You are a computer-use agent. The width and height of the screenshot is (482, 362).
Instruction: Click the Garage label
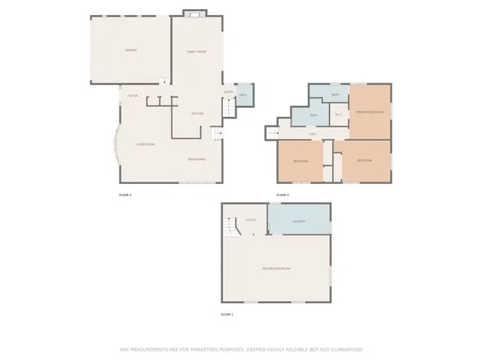click(130, 51)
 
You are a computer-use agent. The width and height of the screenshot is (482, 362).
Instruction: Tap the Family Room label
click(197, 51)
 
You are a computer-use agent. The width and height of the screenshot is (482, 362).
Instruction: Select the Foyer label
click(132, 96)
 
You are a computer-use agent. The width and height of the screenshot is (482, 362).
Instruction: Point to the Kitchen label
click(197, 113)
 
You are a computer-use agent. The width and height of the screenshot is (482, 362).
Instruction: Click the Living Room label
click(145, 143)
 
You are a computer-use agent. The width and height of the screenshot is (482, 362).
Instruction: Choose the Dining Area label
click(197, 159)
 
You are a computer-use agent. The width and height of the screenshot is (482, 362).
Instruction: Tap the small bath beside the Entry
click(244, 95)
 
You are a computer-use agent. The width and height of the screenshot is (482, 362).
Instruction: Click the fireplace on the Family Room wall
click(196, 14)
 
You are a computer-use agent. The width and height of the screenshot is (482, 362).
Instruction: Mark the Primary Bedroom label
click(370, 112)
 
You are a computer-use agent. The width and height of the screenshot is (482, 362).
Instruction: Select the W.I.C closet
click(339, 115)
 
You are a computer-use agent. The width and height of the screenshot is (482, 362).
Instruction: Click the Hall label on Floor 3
click(312, 134)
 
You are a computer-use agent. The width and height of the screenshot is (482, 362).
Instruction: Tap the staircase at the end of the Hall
click(270, 133)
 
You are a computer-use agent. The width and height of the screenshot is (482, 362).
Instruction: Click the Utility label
click(252, 219)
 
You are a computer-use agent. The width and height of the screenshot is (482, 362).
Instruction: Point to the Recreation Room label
click(276, 268)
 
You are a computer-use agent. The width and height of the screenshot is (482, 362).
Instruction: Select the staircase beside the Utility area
click(230, 226)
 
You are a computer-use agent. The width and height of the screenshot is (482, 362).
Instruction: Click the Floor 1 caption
click(227, 313)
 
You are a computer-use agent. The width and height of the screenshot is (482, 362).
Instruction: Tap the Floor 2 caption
click(125, 195)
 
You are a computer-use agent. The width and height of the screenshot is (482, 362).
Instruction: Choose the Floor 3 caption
click(282, 195)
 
